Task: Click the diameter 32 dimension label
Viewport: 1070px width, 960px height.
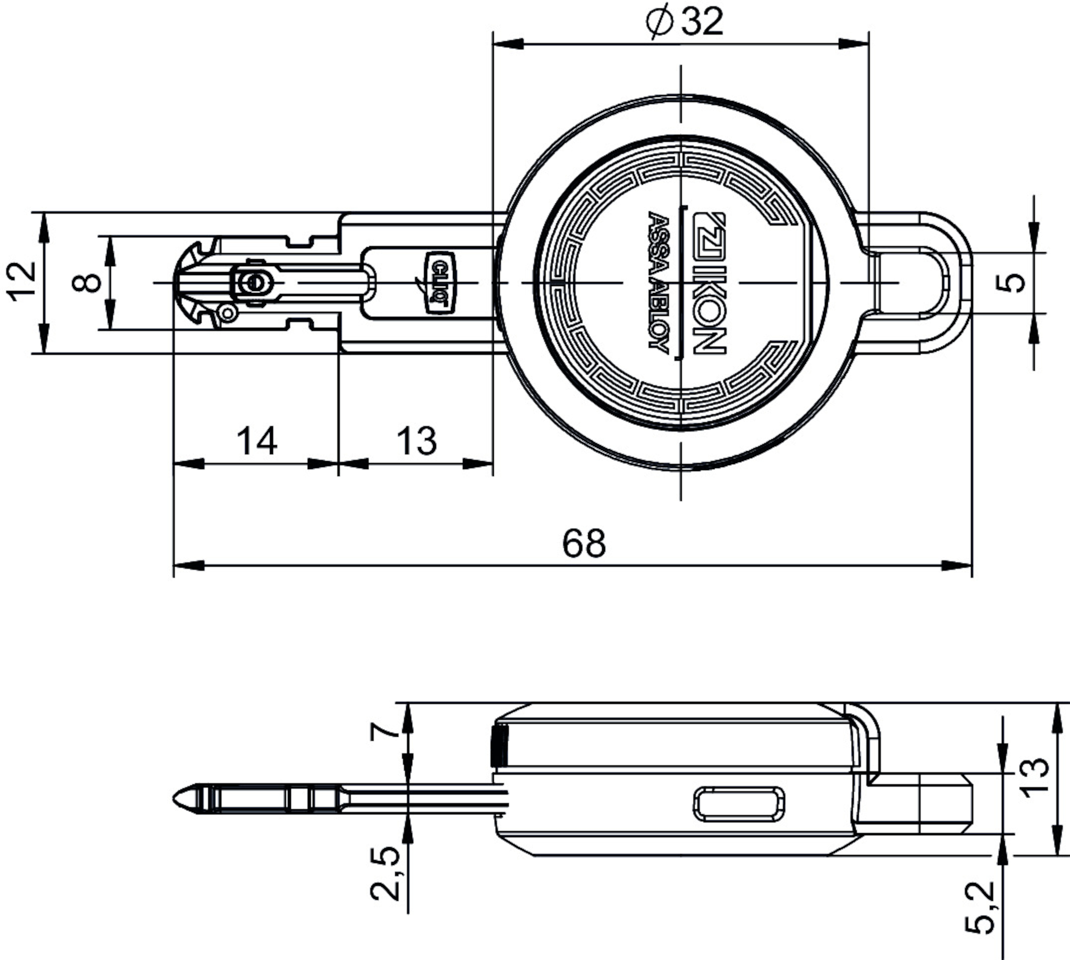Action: pyautogui.click(x=686, y=22)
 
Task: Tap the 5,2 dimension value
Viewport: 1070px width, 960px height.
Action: pyautogui.click(x=979, y=914)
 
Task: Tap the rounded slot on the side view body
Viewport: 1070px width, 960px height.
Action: pyautogui.click(x=738, y=804)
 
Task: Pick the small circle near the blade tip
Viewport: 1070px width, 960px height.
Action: pyautogui.click(x=228, y=313)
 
